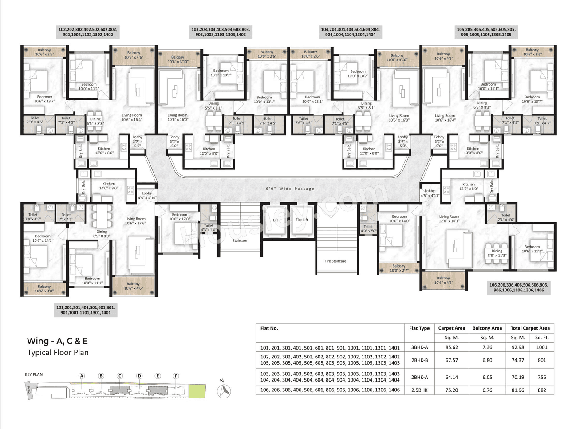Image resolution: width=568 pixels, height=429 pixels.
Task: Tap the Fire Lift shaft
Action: point(302,220)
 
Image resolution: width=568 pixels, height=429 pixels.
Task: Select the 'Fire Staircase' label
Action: point(335,261)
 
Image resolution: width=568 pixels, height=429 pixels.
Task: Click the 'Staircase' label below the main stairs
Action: point(240,240)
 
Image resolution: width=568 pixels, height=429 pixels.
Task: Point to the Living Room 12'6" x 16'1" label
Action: point(449,219)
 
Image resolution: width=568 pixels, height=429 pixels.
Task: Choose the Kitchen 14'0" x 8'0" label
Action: point(109,186)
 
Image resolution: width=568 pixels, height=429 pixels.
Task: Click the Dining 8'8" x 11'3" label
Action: point(497,253)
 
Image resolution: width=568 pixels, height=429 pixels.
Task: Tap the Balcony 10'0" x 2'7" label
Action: point(398,268)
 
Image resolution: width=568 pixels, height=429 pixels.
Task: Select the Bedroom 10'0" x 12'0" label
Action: point(179,217)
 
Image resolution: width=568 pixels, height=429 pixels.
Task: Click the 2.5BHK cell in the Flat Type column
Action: point(419,390)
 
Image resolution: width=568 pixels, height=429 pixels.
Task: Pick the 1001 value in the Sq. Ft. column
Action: point(542,347)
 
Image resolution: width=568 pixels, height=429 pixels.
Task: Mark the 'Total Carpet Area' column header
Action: point(530,328)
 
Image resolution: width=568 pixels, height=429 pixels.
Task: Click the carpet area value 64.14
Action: point(451,377)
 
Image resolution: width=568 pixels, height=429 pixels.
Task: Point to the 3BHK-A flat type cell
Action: point(419,347)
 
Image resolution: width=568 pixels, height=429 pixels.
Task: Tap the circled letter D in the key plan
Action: point(139,376)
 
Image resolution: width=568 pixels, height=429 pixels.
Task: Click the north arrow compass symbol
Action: point(225,390)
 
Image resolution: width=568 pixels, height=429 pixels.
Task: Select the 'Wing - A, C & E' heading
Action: point(57,341)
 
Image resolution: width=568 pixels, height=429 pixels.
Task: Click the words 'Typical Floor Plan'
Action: point(58,353)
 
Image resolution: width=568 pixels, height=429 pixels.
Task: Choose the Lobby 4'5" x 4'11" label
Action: point(430,193)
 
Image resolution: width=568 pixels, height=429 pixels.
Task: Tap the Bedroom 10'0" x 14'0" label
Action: point(399,219)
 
